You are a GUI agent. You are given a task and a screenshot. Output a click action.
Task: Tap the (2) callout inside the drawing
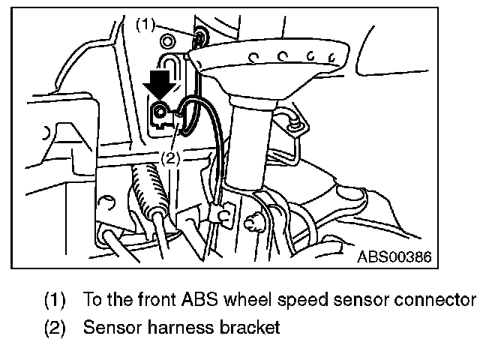(170, 157)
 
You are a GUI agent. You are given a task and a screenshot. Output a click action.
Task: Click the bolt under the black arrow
(160, 114)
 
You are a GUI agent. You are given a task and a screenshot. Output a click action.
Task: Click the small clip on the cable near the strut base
(220, 216)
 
